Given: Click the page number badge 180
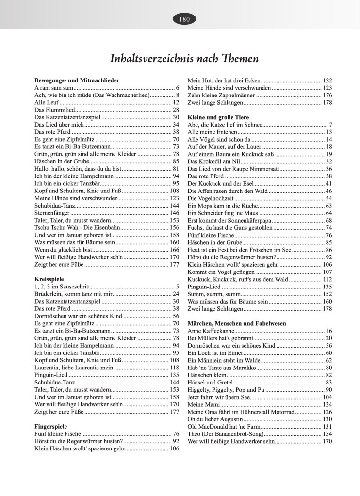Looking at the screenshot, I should [x=184, y=19].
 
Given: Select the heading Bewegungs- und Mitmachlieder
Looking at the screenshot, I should [x=77, y=80].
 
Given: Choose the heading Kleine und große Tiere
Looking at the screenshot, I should [x=218, y=117].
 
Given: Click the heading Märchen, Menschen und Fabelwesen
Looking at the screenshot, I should [x=236, y=323].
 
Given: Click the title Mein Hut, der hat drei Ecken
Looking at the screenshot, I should [x=224, y=80].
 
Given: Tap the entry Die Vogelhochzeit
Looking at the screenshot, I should [x=212, y=198].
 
